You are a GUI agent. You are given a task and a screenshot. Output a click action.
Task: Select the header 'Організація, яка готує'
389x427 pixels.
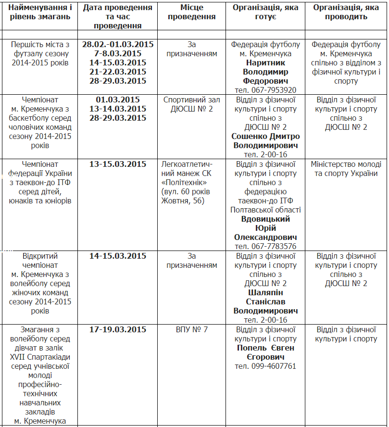tap(265, 12)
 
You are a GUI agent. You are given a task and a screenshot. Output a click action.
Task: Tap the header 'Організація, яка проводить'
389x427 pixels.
tap(346, 12)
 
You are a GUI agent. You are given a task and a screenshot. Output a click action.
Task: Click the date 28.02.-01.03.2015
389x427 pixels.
tap(118, 44)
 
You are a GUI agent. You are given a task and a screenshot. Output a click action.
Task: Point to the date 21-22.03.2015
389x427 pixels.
tap(118, 72)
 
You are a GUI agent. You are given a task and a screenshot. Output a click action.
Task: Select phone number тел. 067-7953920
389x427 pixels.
tap(265, 90)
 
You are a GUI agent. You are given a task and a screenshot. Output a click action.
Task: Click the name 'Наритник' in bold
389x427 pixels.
tap(265, 63)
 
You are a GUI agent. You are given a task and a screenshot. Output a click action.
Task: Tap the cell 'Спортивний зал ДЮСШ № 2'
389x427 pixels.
tap(191, 104)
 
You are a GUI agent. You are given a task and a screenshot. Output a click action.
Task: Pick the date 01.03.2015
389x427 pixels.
tap(118, 100)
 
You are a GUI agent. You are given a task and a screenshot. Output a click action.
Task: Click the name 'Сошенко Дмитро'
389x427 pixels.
tap(265, 136)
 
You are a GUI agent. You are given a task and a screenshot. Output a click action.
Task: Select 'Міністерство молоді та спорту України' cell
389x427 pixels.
tap(346, 168)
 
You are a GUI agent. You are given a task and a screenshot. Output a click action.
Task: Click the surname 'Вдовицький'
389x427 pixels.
tap(265, 219)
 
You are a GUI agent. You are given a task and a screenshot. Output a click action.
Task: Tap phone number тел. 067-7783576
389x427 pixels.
tap(265, 246)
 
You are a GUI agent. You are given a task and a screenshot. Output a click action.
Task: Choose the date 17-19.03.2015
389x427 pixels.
tap(118, 329)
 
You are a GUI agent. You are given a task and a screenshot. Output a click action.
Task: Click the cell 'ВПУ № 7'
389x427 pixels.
tap(191, 329)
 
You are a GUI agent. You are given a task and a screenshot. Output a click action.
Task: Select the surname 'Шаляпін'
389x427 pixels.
tap(265, 292)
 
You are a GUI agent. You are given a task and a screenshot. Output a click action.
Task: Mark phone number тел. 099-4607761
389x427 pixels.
tap(265, 366)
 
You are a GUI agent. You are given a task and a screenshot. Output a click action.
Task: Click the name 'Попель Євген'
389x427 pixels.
tap(265, 348)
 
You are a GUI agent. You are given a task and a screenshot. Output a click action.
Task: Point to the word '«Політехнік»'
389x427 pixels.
tap(186, 182)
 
